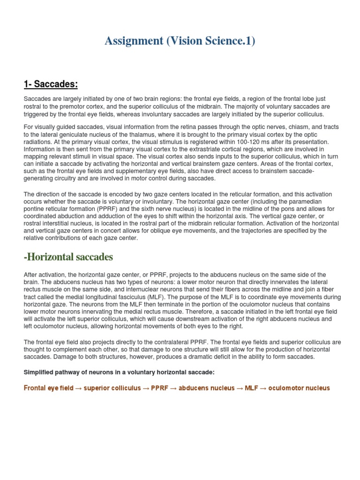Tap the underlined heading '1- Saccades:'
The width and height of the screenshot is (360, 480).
[x=51, y=84]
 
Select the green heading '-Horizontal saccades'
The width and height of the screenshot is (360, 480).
[x=68, y=257]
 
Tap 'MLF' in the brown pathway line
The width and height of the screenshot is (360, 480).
[x=251, y=388]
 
